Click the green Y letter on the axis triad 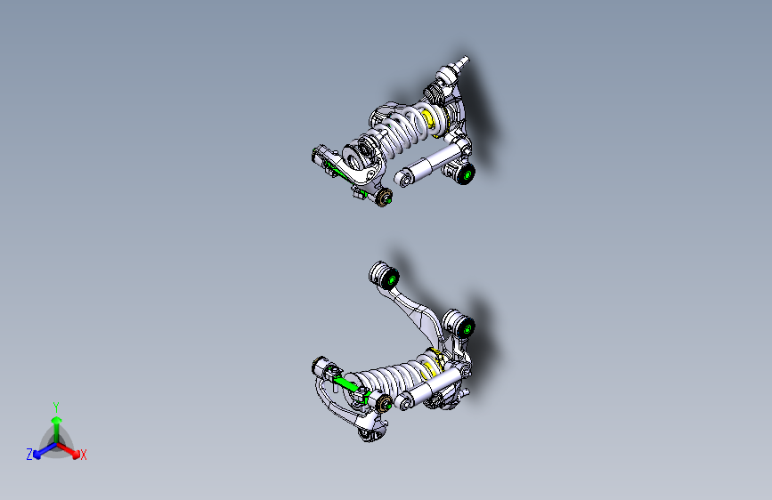coord(56,406)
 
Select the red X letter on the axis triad coord(84,456)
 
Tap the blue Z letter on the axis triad coord(29,455)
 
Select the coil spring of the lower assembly coord(392,378)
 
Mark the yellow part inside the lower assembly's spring coord(434,365)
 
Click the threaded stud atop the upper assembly coord(461,62)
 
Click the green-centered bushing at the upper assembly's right coord(464,174)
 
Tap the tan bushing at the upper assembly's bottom coord(385,197)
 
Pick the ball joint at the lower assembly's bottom coord(366,435)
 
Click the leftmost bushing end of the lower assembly coord(321,367)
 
